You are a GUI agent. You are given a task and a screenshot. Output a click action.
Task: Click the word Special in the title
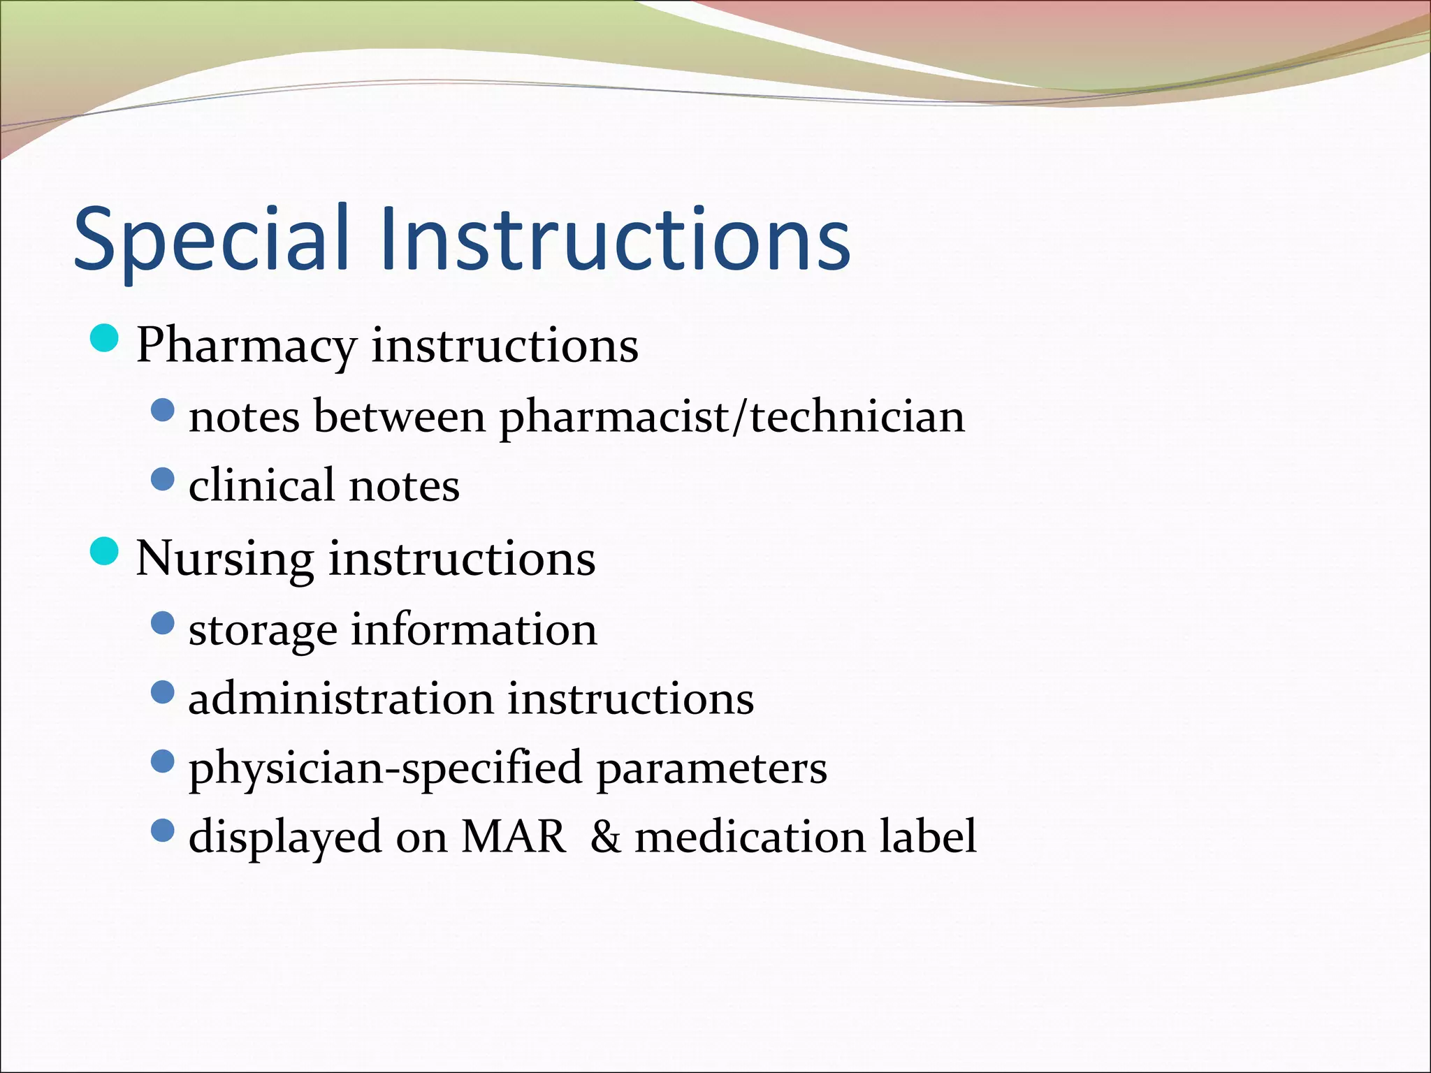(210, 239)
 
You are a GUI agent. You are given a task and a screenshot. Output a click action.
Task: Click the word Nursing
(224, 559)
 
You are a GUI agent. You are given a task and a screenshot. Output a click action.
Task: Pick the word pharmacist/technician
(732, 417)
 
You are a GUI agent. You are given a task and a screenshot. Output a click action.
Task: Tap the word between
(399, 417)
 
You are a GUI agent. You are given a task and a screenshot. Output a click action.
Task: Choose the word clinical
(261, 485)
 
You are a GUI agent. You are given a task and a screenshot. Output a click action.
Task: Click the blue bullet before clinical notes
(162, 479)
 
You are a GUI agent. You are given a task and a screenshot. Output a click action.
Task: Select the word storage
(263, 630)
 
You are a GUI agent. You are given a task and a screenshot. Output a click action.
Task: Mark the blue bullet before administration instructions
(162, 692)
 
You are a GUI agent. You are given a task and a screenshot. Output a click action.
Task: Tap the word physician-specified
(385, 768)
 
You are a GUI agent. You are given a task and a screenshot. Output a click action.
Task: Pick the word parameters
(711, 768)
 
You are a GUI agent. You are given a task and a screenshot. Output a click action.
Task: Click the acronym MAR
(514, 836)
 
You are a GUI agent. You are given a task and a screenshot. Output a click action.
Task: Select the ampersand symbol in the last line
(605, 836)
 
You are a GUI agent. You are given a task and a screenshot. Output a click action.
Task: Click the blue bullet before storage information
(162, 623)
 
